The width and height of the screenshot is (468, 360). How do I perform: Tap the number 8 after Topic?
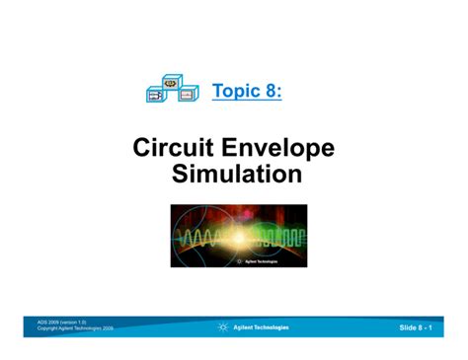pos(271,91)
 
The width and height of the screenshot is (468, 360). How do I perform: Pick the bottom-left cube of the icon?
pos(157,95)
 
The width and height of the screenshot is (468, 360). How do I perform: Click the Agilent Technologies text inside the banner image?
pos(261,261)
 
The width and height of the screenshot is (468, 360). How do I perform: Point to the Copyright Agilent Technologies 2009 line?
pos(75,328)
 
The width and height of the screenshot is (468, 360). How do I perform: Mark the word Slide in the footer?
pos(409,326)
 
